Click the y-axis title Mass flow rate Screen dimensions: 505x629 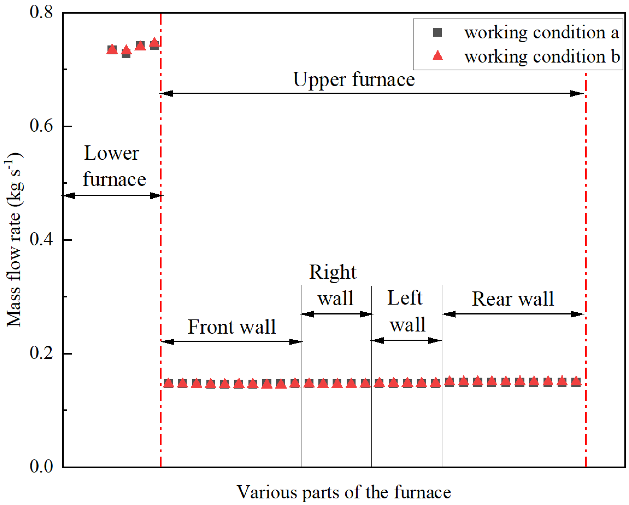(x=14, y=240)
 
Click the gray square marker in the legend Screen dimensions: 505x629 (x=437, y=32)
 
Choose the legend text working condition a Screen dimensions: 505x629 (x=541, y=32)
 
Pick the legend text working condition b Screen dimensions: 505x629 (x=542, y=56)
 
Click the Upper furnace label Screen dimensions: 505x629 (x=354, y=79)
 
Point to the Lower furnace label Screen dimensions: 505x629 (x=114, y=166)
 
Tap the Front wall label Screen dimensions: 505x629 (x=231, y=327)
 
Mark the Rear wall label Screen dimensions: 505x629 (x=513, y=299)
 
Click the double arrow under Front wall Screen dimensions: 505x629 (x=231, y=341)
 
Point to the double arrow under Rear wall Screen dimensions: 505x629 (x=513, y=314)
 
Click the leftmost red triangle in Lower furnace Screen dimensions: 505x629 (x=112, y=49)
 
